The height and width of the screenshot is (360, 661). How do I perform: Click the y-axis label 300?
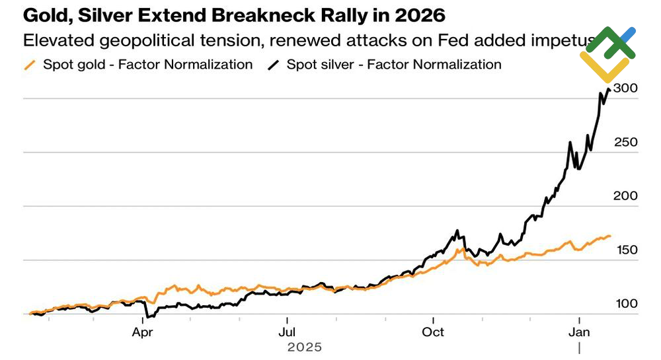(626, 88)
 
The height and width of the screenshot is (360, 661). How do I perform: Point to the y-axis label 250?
(626, 142)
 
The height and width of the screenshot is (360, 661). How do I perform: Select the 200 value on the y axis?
(626, 196)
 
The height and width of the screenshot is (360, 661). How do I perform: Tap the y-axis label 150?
(626, 250)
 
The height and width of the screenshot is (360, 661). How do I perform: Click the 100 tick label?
(626, 304)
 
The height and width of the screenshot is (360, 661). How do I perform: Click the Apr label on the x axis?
(143, 332)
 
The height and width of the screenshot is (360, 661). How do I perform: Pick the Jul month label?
(287, 332)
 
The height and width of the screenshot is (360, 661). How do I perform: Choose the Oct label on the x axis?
(434, 332)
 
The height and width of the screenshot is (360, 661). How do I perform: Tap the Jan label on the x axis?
(580, 332)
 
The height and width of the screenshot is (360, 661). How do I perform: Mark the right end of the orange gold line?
(610, 235)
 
